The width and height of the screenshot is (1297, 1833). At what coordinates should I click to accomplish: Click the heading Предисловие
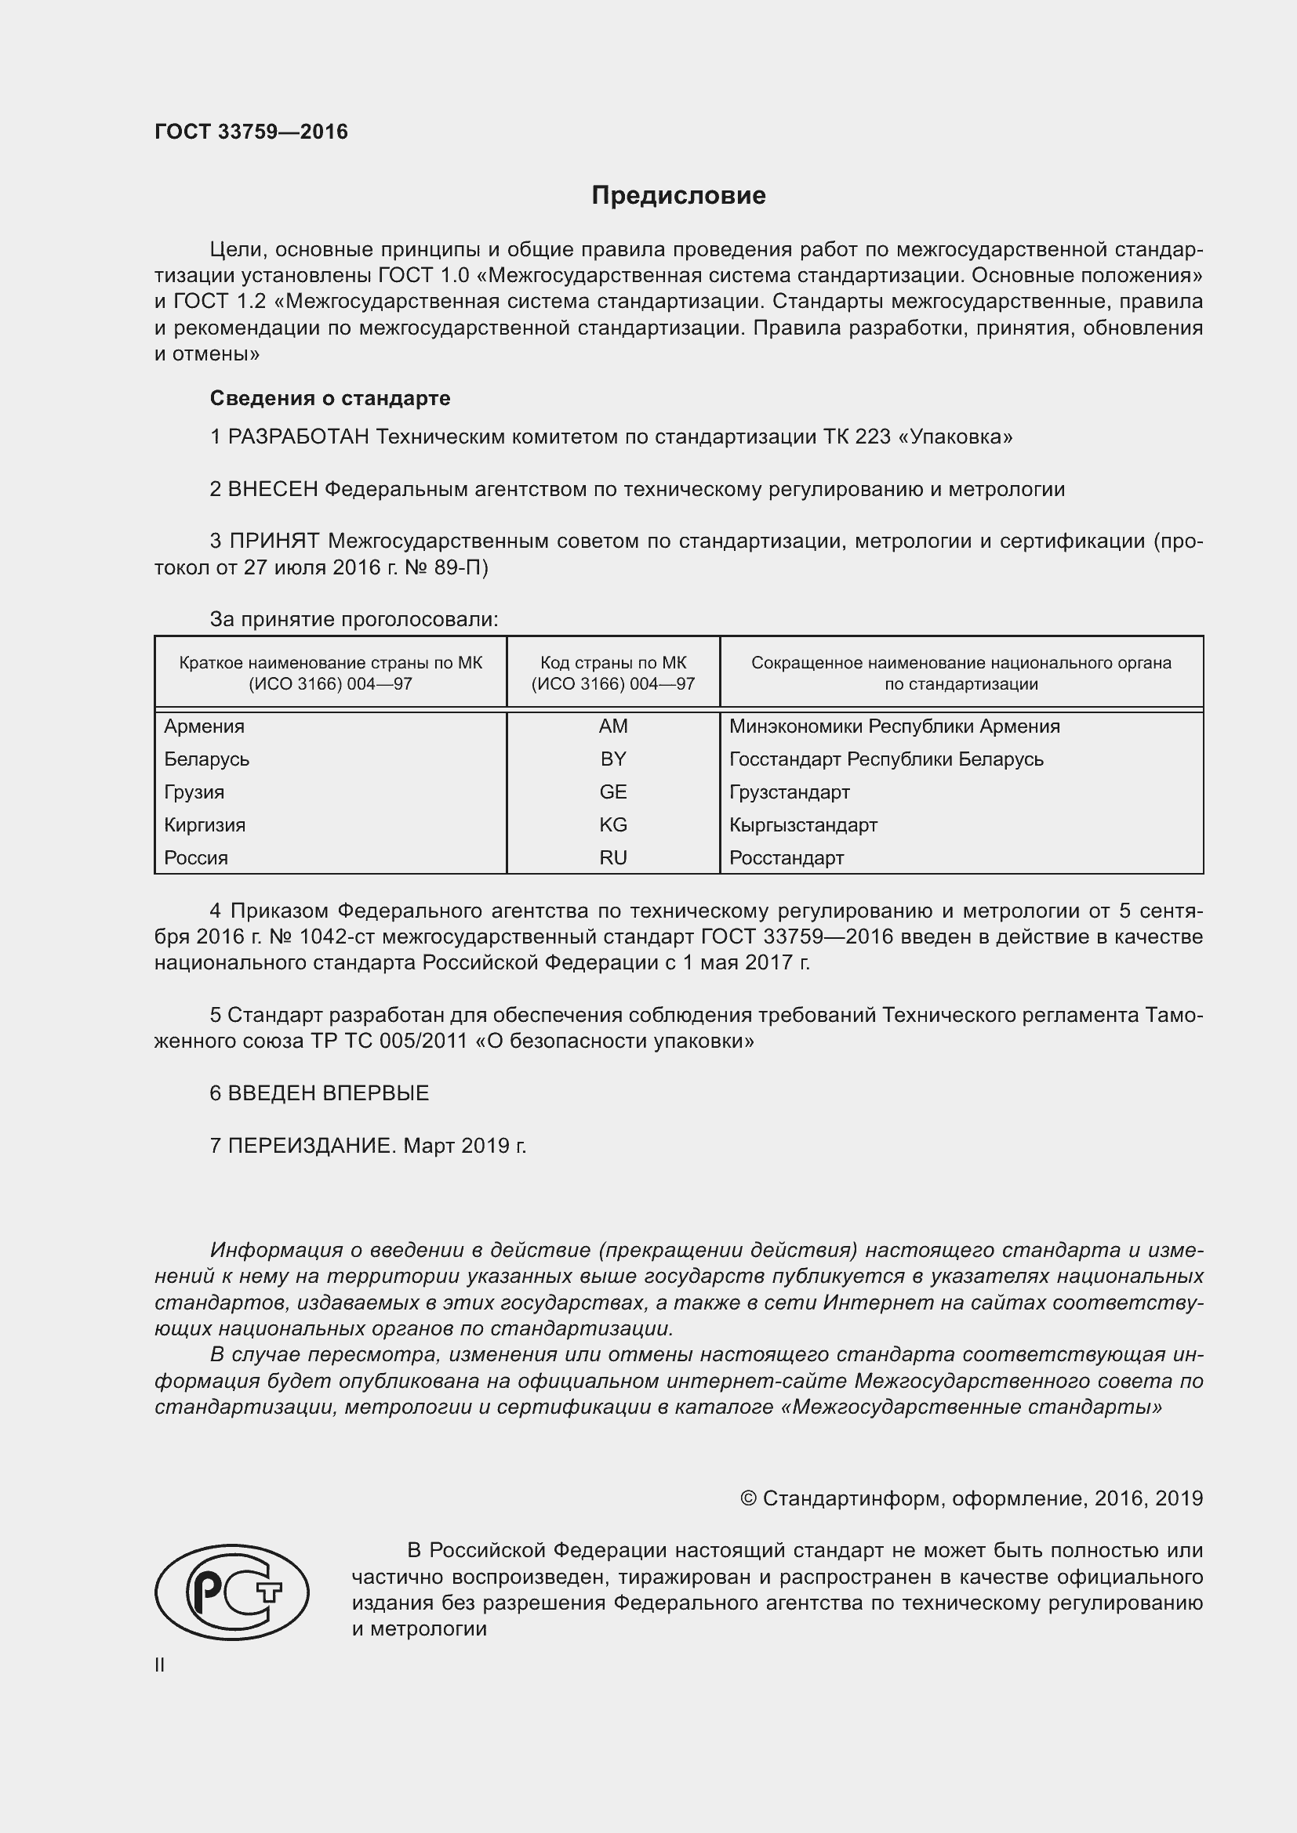(x=678, y=196)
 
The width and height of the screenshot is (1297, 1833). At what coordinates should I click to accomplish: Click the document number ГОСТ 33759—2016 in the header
(x=251, y=132)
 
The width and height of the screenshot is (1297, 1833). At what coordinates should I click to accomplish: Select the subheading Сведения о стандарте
(x=330, y=397)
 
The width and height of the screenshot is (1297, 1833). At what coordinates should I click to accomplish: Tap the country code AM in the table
(x=612, y=726)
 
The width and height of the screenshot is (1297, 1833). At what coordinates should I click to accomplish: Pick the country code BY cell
(x=612, y=759)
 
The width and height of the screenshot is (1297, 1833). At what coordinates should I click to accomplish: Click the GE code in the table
(x=612, y=792)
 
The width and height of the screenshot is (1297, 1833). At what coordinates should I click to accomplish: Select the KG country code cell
(x=612, y=824)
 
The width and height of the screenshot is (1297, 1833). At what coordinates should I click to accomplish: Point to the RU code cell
(x=612, y=857)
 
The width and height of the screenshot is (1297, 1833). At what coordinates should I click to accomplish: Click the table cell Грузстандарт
(x=789, y=792)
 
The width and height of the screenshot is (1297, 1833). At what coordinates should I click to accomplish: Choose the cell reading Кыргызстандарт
(x=803, y=824)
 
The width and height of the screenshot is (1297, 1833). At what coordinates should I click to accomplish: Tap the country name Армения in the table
(x=205, y=726)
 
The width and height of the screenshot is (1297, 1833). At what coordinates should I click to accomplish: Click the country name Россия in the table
(x=197, y=857)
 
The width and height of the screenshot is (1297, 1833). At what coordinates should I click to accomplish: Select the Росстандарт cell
(x=786, y=857)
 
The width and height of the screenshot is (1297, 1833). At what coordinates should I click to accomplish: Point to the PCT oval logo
(x=231, y=1592)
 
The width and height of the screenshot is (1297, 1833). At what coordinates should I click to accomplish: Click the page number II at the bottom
(x=160, y=1665)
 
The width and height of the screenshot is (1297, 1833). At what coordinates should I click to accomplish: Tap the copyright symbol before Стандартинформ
(x=748, y=1498)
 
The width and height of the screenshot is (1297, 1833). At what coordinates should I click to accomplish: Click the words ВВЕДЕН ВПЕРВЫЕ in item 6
(x=329, y=1093)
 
